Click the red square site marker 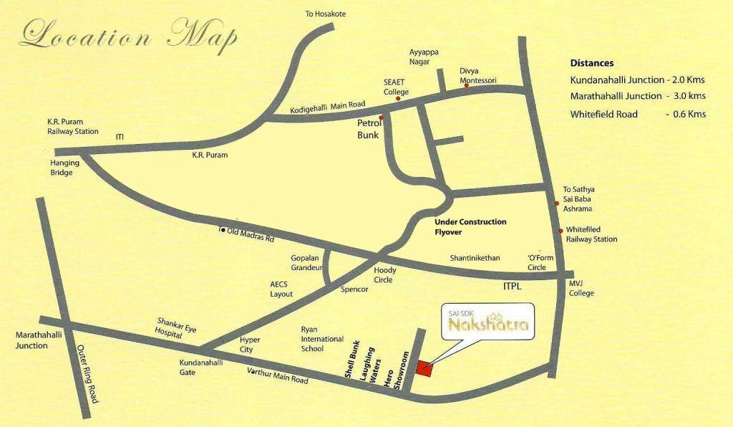(424, 368)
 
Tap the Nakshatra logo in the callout (489, 325)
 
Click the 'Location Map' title (129, 36)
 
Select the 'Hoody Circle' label (384, 274)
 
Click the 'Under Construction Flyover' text (470, 226)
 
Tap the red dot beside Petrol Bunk (382, 117)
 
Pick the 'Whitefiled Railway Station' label (591, 234)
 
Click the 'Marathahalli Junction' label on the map (31, 340)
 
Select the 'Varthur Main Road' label (278, 375)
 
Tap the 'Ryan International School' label (322, 339)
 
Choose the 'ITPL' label (511, 286)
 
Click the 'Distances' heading (592, 63)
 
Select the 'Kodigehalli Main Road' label (327, 107)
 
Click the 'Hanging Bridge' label (65, 168)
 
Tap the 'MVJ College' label (581, 288)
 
